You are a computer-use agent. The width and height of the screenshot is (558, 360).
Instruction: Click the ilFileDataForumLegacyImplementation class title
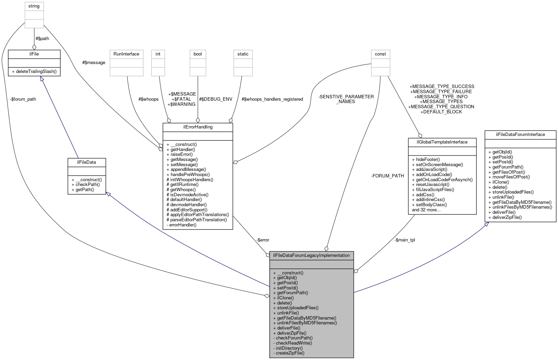pos(311,256)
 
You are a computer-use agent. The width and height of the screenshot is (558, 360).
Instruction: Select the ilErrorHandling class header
pos(198,127)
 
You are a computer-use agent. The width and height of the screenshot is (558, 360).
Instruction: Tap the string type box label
pos(34,6)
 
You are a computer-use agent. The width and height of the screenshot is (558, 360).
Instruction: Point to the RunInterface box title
pos(126,54)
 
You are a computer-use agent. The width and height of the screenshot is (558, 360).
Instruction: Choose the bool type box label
pos(198,54)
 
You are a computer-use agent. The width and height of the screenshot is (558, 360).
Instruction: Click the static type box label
pos(243,54)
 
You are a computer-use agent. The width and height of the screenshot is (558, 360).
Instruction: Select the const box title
pos(380,54)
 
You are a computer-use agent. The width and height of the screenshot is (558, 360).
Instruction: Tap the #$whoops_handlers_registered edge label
pos(272,99)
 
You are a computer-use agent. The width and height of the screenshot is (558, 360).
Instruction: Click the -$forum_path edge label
pos(23,99)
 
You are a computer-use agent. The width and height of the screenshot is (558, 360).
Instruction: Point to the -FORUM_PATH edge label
pos(387,176)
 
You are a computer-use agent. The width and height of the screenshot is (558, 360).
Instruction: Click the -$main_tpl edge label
pos(404,240)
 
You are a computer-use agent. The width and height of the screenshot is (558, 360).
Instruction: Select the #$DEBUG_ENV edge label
pos(216,99)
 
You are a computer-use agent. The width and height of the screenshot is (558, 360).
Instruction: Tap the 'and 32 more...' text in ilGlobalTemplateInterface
pos(426,210)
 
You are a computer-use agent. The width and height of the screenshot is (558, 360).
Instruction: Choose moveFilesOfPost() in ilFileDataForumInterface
pos(509,177)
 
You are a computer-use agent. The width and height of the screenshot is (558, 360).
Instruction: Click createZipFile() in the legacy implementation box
pos(289,353)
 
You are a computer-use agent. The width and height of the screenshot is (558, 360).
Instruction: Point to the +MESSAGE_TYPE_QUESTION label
pos(441,107)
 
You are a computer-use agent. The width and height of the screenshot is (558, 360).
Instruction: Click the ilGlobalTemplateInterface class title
pos(442,142)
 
